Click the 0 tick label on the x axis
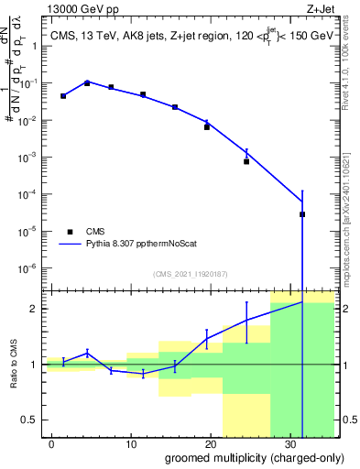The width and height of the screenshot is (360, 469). tap(53, 442)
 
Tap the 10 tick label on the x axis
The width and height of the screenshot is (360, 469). tap(134, 442)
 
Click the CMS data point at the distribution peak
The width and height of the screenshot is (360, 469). tap(87, 82)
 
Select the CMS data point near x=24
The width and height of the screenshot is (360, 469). tap(246, 161)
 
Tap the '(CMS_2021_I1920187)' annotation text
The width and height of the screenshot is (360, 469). tap(190, 274)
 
